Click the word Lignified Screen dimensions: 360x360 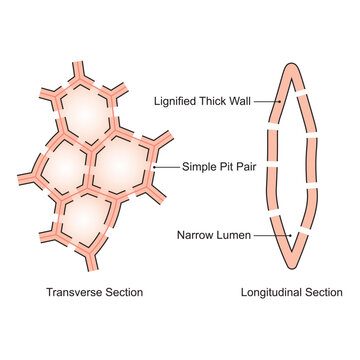pyautogui.click(x=175, y=100)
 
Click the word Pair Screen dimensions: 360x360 pyautogui.click(x=246, y=167)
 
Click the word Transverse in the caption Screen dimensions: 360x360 pyautogui.click(x=74, y=293)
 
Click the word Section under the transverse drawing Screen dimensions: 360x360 pyautogui.click(x=123, y=293)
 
